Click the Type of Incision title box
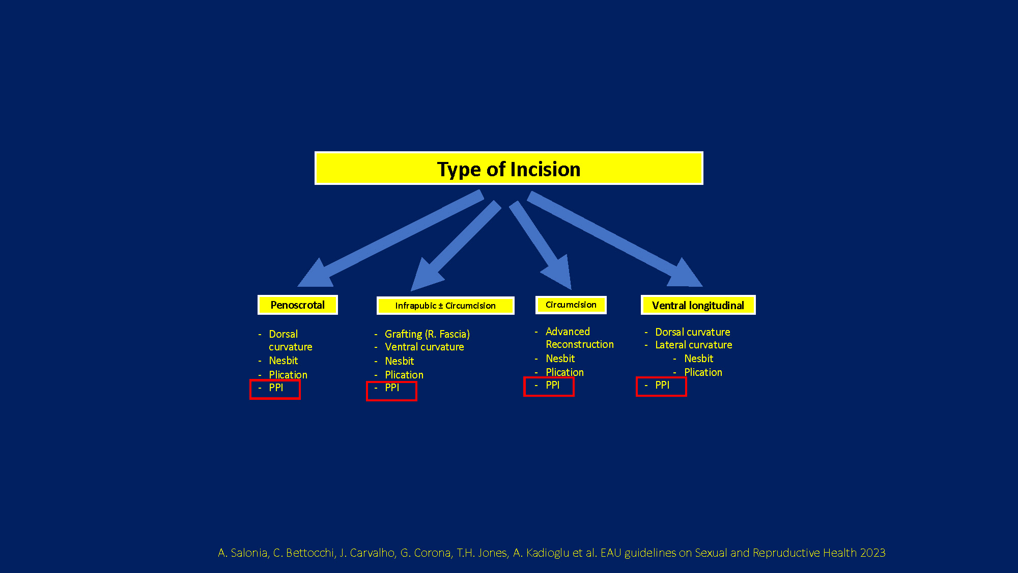pos(509,168)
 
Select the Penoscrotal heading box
pos(298,305)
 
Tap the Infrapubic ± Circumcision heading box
pos(445,306)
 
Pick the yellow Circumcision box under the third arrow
pos(571,305)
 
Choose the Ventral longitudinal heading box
pos(698,305)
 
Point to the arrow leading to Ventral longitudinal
pos(615,239)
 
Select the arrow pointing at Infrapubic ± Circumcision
pos(456,246)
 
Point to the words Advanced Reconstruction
pos(580,338)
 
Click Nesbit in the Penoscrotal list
pos(284,361)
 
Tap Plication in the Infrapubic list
pos(404,375)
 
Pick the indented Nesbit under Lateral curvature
pos(699,359)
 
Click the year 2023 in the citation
pos(873,553)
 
